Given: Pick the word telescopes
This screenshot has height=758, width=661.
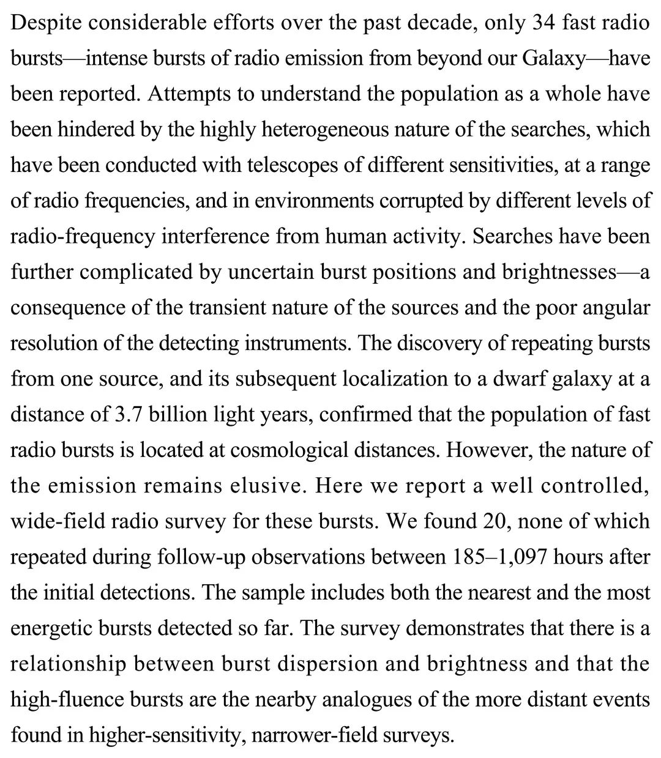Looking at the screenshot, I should [261, 165].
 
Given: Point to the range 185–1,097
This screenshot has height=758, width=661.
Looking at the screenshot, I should [504, 557].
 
